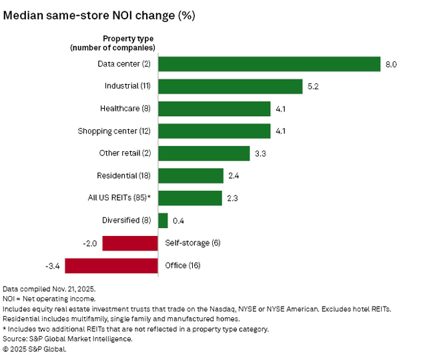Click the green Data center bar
(269, 64)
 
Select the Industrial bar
(231, 87)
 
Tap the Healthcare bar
(214, 109)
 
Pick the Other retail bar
(203, 153)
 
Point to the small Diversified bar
(163, 220)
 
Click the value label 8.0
(391, 65)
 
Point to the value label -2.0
(91, 243)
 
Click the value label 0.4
(179, 221)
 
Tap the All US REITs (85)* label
(123, 198)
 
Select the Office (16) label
(183, 265)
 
